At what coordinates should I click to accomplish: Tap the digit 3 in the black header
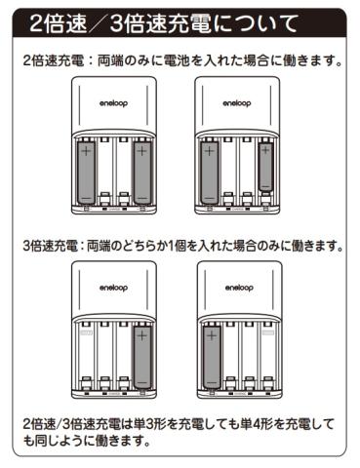(x=116, y=23)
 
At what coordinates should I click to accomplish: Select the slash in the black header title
(x=98, y=23)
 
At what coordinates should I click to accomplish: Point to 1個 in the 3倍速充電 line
(x=177, y=246)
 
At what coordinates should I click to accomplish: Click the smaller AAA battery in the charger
(x=265, y=167)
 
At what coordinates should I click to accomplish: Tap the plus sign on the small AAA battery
(x=265, y=150)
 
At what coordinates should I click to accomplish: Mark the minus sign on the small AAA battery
(x=265, y=186)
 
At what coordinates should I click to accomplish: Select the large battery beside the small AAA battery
(x=210, y=173)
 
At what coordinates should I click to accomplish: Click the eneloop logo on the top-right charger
(x=237, y=103)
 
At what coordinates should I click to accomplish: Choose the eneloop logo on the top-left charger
(x=113, y=103)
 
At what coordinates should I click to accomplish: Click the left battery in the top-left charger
(x=86, y=173)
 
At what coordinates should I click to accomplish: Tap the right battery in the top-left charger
(x=142, y=173)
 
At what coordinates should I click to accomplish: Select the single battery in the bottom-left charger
(x=142, y=357)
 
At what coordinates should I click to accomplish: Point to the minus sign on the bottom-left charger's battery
(x=142, y=381)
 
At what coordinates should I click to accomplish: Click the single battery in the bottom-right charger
(x=212, y=357)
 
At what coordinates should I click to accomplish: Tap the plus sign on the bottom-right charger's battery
(x=212, y=335)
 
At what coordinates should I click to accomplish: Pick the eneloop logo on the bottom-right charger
(x=239, y=288)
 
